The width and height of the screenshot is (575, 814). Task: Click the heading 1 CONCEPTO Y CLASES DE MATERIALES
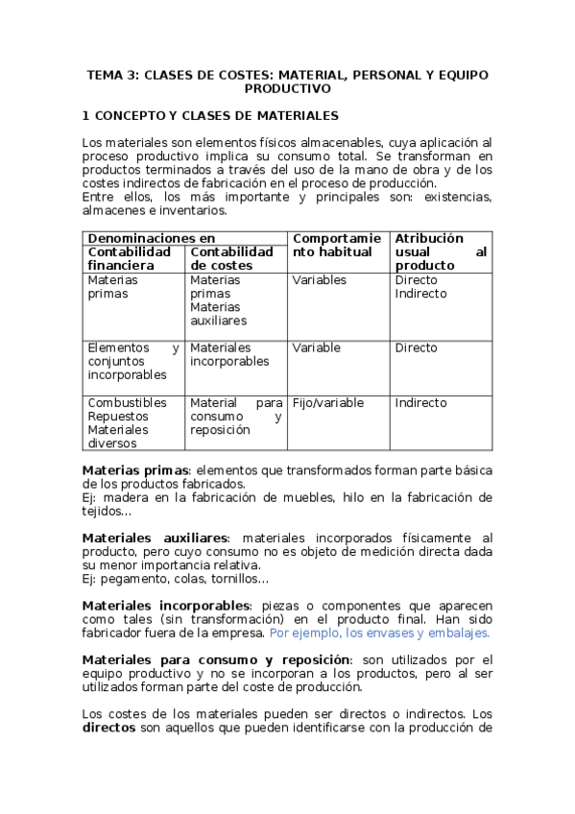210,115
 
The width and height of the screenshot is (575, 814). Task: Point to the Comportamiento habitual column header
336,245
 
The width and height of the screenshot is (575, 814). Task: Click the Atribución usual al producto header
440,251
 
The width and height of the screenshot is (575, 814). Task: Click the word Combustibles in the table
126,403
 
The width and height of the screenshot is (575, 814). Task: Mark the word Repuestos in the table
116,417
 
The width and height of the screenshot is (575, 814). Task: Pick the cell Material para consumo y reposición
235,417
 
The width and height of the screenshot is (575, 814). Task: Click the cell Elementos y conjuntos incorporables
132,361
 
